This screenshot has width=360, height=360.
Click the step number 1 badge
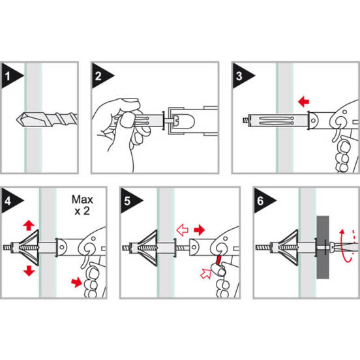click(10, 76)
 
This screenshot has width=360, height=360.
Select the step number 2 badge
click(100, 76)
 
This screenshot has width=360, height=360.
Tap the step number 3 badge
click(241, 76)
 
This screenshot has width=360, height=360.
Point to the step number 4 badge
click(10, 201)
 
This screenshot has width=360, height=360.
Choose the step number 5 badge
click(130, 201)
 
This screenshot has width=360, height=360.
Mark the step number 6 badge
click(263, 201)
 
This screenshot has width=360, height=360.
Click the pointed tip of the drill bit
click(17, 119)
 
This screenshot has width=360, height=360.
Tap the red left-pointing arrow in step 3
click(303, 102)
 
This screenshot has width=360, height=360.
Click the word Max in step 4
click(82, 200)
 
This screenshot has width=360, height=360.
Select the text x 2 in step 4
click(82, 211)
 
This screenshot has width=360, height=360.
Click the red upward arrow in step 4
click(29, 225)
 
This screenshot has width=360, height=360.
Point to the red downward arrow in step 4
click(29, 271)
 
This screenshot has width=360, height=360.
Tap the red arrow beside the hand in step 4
click(76, 282)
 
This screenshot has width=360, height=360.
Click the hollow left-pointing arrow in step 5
click(183, 230)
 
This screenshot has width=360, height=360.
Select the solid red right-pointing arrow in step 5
click(199, 230)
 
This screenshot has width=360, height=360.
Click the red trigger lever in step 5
click(218, 260)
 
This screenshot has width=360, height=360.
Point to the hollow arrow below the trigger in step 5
click(205, 273)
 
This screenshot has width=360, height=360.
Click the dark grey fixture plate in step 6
click(323, 247)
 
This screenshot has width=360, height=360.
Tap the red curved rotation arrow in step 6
click(344, 246)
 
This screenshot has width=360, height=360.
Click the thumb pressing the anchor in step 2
click(126, 119)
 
